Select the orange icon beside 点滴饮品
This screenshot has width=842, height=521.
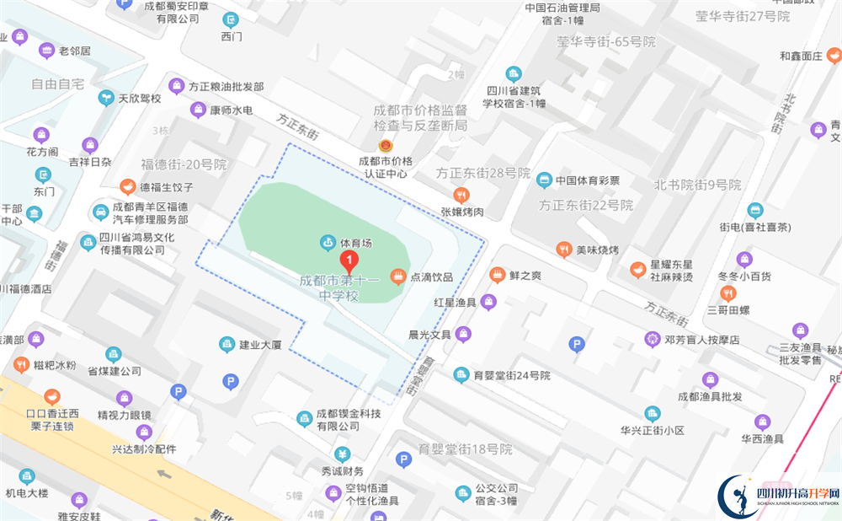pos(397,276)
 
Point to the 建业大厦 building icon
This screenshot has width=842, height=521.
pos(226,344)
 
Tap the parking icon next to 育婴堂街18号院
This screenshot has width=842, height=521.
pos(403,459)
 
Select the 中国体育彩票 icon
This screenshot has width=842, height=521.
pos(544,180)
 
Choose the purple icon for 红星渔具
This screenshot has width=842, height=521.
pos(489,302)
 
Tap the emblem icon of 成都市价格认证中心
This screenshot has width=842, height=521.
pos(385,145)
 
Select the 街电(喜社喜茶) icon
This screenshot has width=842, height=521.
pos(754,210)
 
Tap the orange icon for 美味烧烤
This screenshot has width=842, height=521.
pos(563,250)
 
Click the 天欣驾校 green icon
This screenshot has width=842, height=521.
pos(106,98)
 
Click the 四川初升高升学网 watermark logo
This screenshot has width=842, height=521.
pos(778,494)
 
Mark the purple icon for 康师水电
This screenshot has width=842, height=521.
pos(198,110)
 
